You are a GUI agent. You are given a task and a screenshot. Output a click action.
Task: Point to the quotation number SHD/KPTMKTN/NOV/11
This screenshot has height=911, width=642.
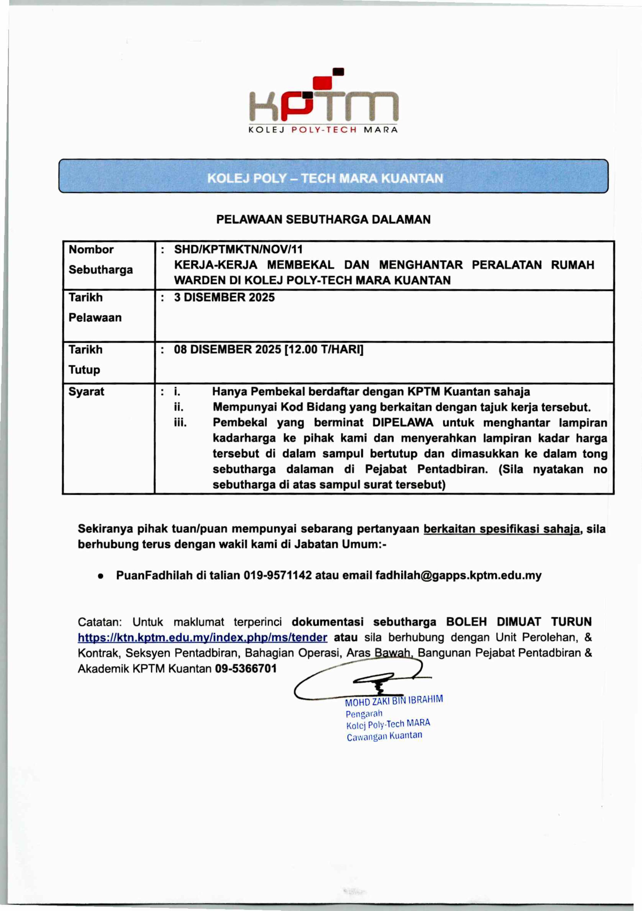tap(238, 250)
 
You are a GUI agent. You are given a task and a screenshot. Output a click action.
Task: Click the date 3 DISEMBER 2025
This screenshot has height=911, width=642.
tap(224, 298)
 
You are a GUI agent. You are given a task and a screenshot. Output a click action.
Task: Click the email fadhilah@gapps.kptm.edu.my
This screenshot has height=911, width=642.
tap(458, 575)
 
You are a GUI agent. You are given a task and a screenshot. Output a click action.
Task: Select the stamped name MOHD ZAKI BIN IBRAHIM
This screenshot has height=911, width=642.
tap(394, 701)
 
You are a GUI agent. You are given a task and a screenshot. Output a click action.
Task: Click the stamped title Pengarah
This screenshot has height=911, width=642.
tap(364, 713)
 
